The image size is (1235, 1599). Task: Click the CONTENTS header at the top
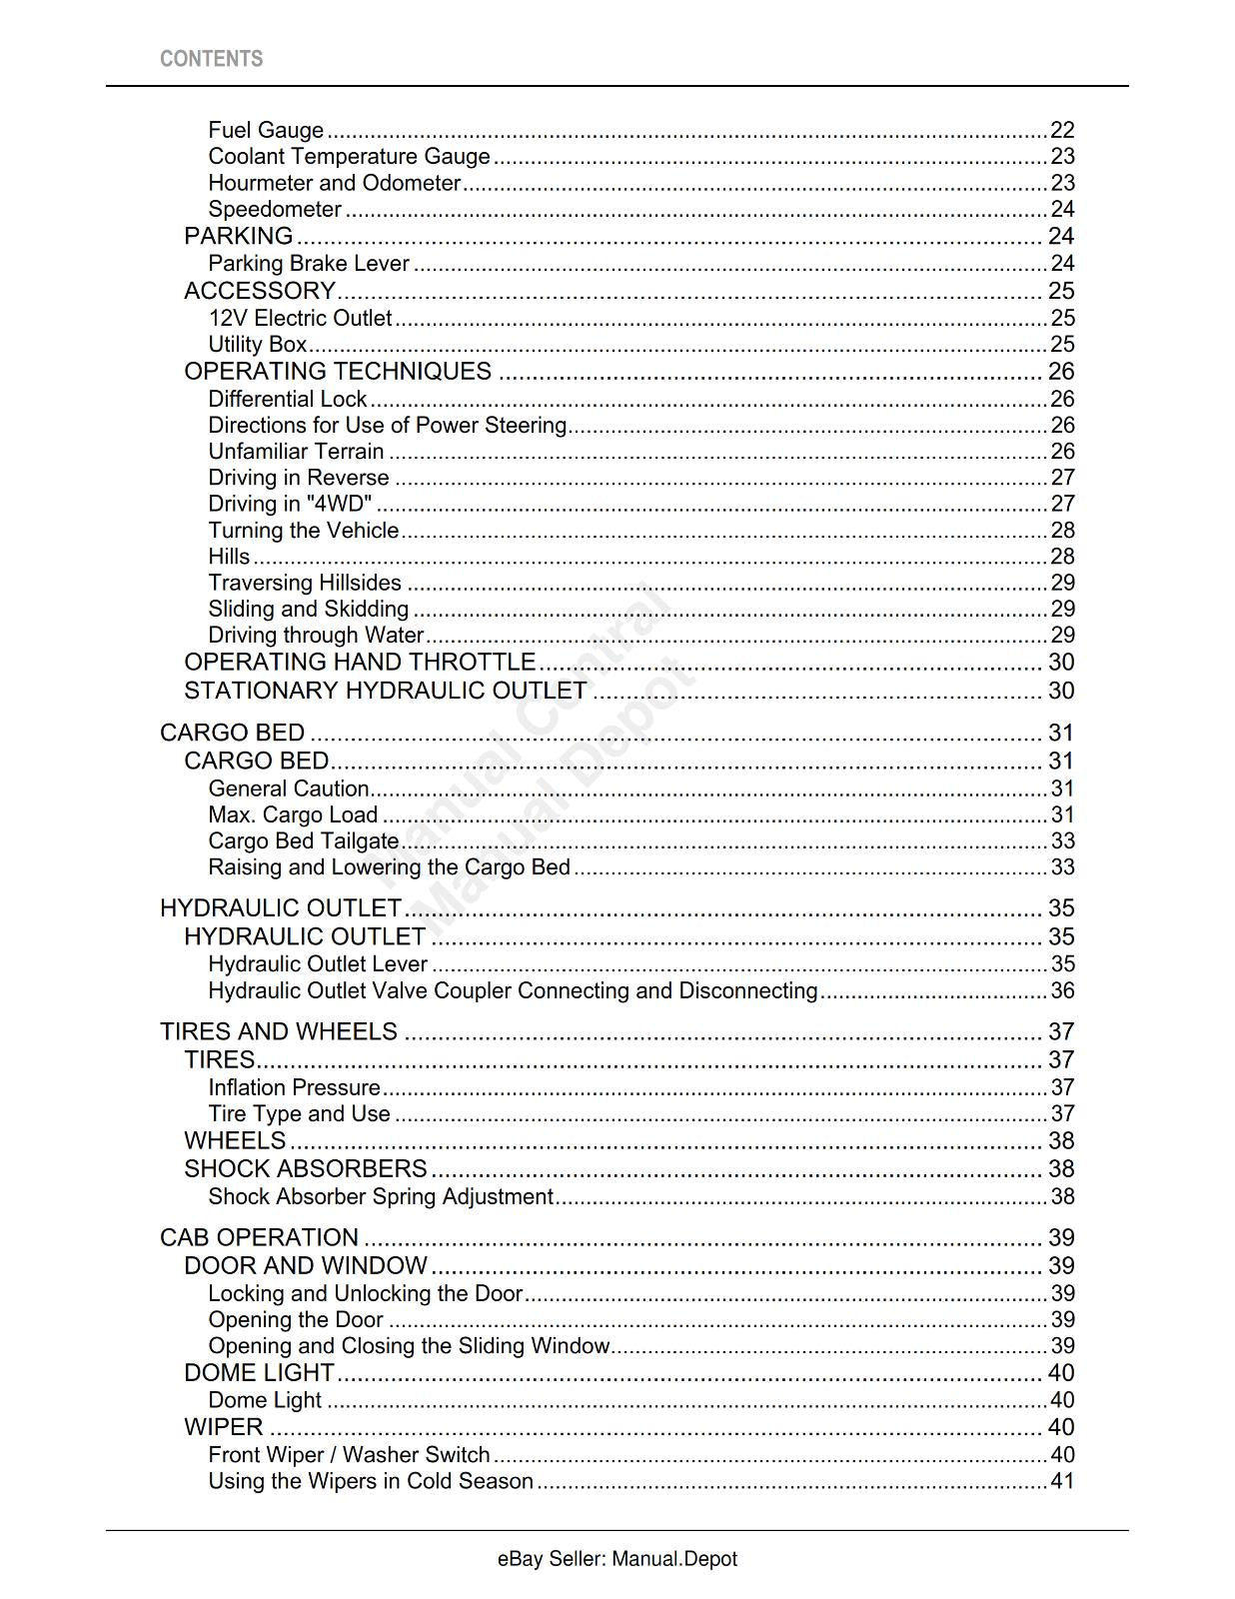(x=211, y=59)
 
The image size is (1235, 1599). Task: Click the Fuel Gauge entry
(x=266, y=130)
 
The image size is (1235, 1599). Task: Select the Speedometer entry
(x=275, y=209)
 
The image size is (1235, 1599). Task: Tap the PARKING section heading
(x=238, y=236)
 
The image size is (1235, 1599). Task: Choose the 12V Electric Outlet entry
(x=300, y=318)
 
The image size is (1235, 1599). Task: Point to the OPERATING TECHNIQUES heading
(x=338, y=371)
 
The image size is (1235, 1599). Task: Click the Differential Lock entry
(x=288, y=399)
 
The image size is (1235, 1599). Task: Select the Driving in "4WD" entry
(x=290, y=504)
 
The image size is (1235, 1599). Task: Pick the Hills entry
(x=229, y=557)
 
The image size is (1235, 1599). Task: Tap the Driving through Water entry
(x=316, y=636)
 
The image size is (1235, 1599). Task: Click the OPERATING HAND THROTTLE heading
(x=360, y=663)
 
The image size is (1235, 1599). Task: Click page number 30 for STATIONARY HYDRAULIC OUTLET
(x=1060, y=691)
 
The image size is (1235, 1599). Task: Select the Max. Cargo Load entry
(x=293, y=815)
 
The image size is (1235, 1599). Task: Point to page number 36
(x=1062, y=991)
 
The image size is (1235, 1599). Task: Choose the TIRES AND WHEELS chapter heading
(x=279, y=1031)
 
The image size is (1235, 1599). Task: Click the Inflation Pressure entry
(x=294, y=1087)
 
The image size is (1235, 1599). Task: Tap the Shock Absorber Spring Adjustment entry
(x=381, y=1197)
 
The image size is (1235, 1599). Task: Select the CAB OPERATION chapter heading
(x=259, y=1237)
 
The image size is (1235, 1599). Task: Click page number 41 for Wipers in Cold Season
(x=1062, y=1481)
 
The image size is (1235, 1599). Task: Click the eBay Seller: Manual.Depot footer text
(x=617, y=1559)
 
